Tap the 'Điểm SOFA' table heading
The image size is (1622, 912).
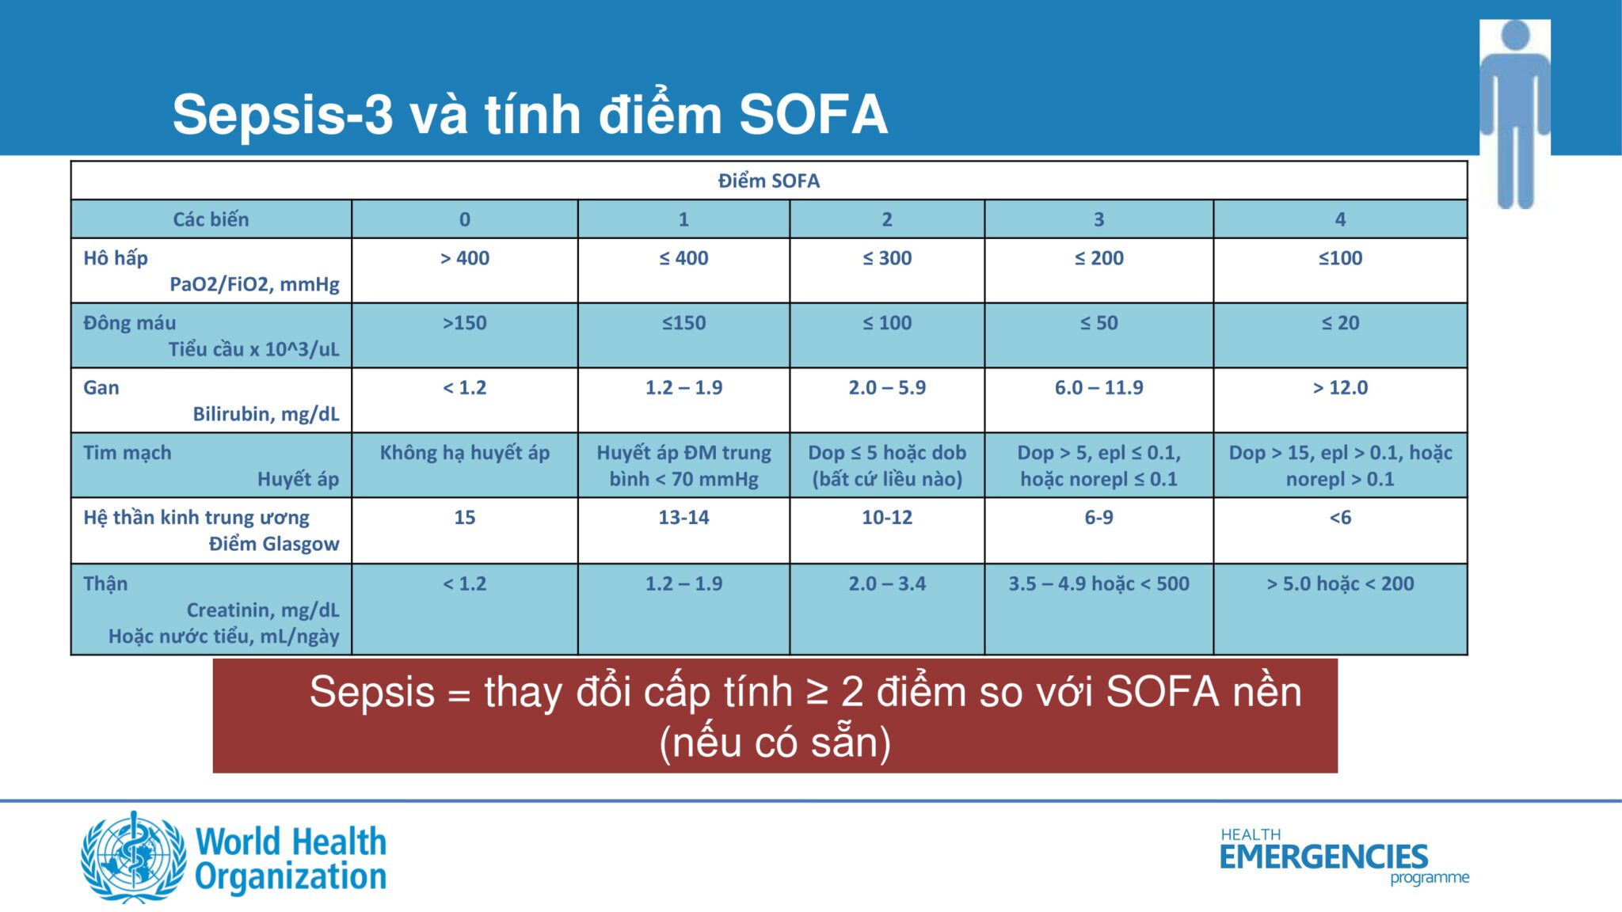point(768,180)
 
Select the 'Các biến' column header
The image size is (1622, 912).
point(211,219)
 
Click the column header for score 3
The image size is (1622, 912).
point(1098,219)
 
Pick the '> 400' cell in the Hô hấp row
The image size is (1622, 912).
point(465,258)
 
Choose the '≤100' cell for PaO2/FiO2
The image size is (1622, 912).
point(1340,258)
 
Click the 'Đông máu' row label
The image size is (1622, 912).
point(130,323)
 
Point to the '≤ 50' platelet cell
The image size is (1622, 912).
point(1098,323)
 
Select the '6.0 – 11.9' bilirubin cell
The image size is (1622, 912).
point(1098,388)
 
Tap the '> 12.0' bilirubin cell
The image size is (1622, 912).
point(1340,388)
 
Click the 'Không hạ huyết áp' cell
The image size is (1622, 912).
point(465,453)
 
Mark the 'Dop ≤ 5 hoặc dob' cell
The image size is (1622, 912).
point(887,453)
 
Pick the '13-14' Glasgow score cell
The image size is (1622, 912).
point(683,518)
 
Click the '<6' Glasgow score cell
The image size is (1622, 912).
point(1340,518)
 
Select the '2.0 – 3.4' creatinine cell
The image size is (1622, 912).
point(887,584)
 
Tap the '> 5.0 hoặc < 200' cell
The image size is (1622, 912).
point(1340,584)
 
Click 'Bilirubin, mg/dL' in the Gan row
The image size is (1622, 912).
point(266,414)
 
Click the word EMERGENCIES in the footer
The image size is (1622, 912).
point(1323,857)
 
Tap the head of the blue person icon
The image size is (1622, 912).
point(1515,35)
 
